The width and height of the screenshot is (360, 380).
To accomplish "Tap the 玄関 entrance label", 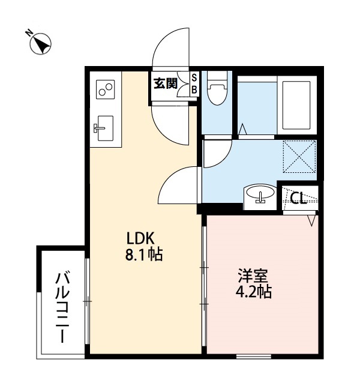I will [164, 84].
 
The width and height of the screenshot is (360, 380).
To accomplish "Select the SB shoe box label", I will [194, 84].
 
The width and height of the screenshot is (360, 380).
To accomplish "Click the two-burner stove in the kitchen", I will [105, 91].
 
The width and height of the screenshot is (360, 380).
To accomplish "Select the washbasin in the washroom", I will [260, 195].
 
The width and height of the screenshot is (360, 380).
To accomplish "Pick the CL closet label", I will [298, 198].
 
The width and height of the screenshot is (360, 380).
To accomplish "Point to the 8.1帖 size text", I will [143, 254].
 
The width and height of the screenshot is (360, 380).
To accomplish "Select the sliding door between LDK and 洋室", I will [204, 282].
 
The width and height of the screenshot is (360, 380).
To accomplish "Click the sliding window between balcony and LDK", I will [88, 300].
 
